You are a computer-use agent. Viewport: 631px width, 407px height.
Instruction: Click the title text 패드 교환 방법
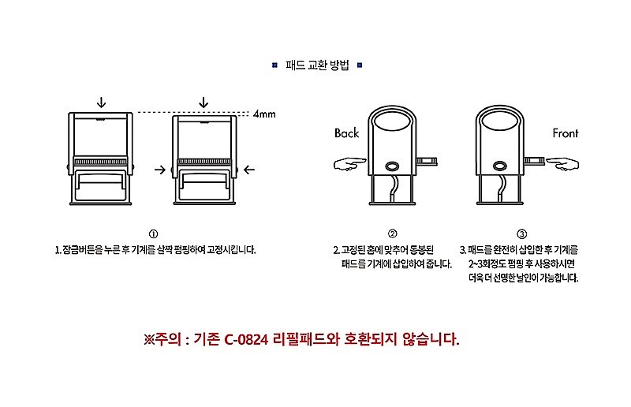coord(316,65)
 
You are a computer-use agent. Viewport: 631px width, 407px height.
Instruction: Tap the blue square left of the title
coord(273,65)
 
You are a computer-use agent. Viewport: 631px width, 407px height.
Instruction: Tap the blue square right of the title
coord(360,65)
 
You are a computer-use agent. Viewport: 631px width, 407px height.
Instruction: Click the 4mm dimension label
coord(264,114)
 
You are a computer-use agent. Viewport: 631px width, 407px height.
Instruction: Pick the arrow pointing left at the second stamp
coord(249,169)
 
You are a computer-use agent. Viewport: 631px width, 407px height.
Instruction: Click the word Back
coord(346,133)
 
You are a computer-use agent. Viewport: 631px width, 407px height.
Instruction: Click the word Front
coord(565,133)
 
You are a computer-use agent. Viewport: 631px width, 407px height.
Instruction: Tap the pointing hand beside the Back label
coord(349,164)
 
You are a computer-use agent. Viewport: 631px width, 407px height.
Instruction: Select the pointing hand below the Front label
coord(562,164)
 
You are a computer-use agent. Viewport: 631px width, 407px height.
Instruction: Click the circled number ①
coord(153,234)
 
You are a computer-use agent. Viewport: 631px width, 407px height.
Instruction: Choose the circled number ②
coord(392,234)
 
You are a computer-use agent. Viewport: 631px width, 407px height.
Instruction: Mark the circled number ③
coord(521,234)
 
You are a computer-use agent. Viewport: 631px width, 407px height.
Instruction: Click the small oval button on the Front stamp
coord(500,166)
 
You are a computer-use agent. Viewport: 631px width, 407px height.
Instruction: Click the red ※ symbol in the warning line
coord(150,340)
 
